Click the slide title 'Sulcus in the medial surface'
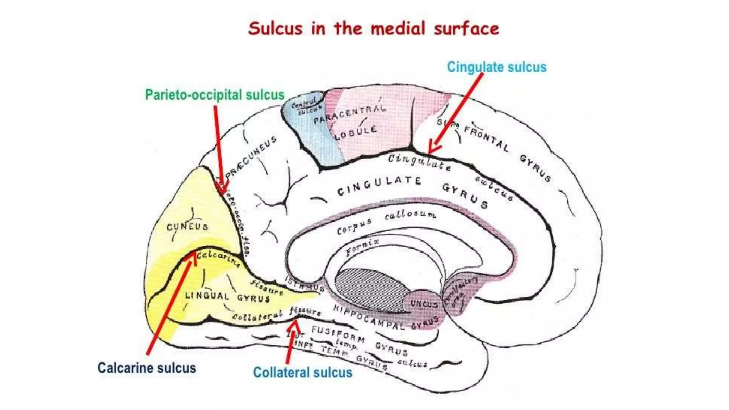pos(373,28)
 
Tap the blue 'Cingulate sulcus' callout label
pos(497,67)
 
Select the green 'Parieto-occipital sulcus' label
pos(215,95)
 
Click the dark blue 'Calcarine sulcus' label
pos(147,368)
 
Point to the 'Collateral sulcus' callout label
pos(303,372)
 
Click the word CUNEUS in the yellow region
pos(187,227)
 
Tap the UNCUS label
pos(424,304)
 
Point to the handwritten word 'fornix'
pos(362,247)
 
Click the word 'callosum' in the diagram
pos(410,215)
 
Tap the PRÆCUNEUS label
pos(251,157)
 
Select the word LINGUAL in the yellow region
pos(207,295)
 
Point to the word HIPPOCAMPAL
pos(369,317)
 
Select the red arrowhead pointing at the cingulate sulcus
pos(433,148)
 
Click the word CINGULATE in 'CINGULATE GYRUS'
pos(379,186)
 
